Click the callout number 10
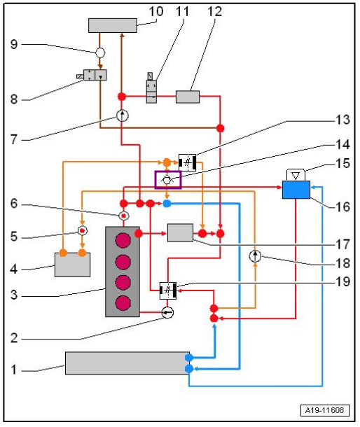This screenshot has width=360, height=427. coord(156,12)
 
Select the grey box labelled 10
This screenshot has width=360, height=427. coord(113,26)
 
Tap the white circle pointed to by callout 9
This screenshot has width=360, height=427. coord(100,52)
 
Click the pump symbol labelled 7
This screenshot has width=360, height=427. coord(123,115)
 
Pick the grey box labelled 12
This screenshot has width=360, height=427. coord(188,97)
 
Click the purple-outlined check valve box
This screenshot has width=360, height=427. coord(168,180)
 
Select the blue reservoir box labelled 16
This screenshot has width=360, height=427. coord(296,190)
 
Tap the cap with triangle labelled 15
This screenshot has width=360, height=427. coord(296,175)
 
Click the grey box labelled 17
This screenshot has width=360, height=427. coord(180,233)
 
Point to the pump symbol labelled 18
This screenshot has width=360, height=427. coord(255,256)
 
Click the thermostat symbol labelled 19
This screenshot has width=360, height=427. coord(168,290)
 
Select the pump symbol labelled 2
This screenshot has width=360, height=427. coord(167,312)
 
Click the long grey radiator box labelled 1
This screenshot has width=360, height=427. coord(127,363)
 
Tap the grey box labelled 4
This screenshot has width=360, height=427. coord(73,265)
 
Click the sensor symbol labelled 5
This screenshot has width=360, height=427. coord(83,231)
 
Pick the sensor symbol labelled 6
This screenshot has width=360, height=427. coord(124,216)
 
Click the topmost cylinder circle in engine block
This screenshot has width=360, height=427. coord(123,240)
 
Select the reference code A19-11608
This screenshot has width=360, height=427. coord(324,410)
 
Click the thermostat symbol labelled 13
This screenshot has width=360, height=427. coord(188,162)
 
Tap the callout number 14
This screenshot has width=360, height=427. coord(342,144)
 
